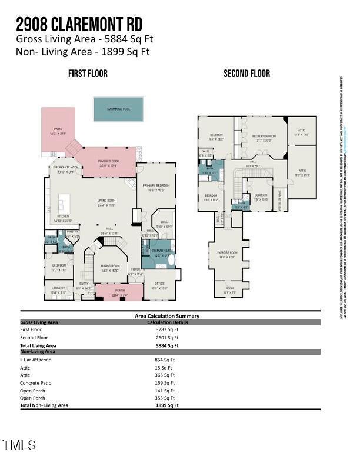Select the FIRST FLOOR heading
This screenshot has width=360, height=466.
[x=88, y=74]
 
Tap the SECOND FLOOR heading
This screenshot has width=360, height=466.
[x=246, y=74]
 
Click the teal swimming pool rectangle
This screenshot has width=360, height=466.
[x=118, y=109]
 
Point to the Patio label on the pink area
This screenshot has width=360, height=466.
[x=58, y=128]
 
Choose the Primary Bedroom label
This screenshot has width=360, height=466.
[x=156, y=185]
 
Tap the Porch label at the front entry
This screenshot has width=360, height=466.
[x=119, y=292]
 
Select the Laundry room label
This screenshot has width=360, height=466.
[x=58, y=288]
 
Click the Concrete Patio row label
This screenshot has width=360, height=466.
[x=36, y=382]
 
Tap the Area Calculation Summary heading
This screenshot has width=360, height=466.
[x=167, y=316]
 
